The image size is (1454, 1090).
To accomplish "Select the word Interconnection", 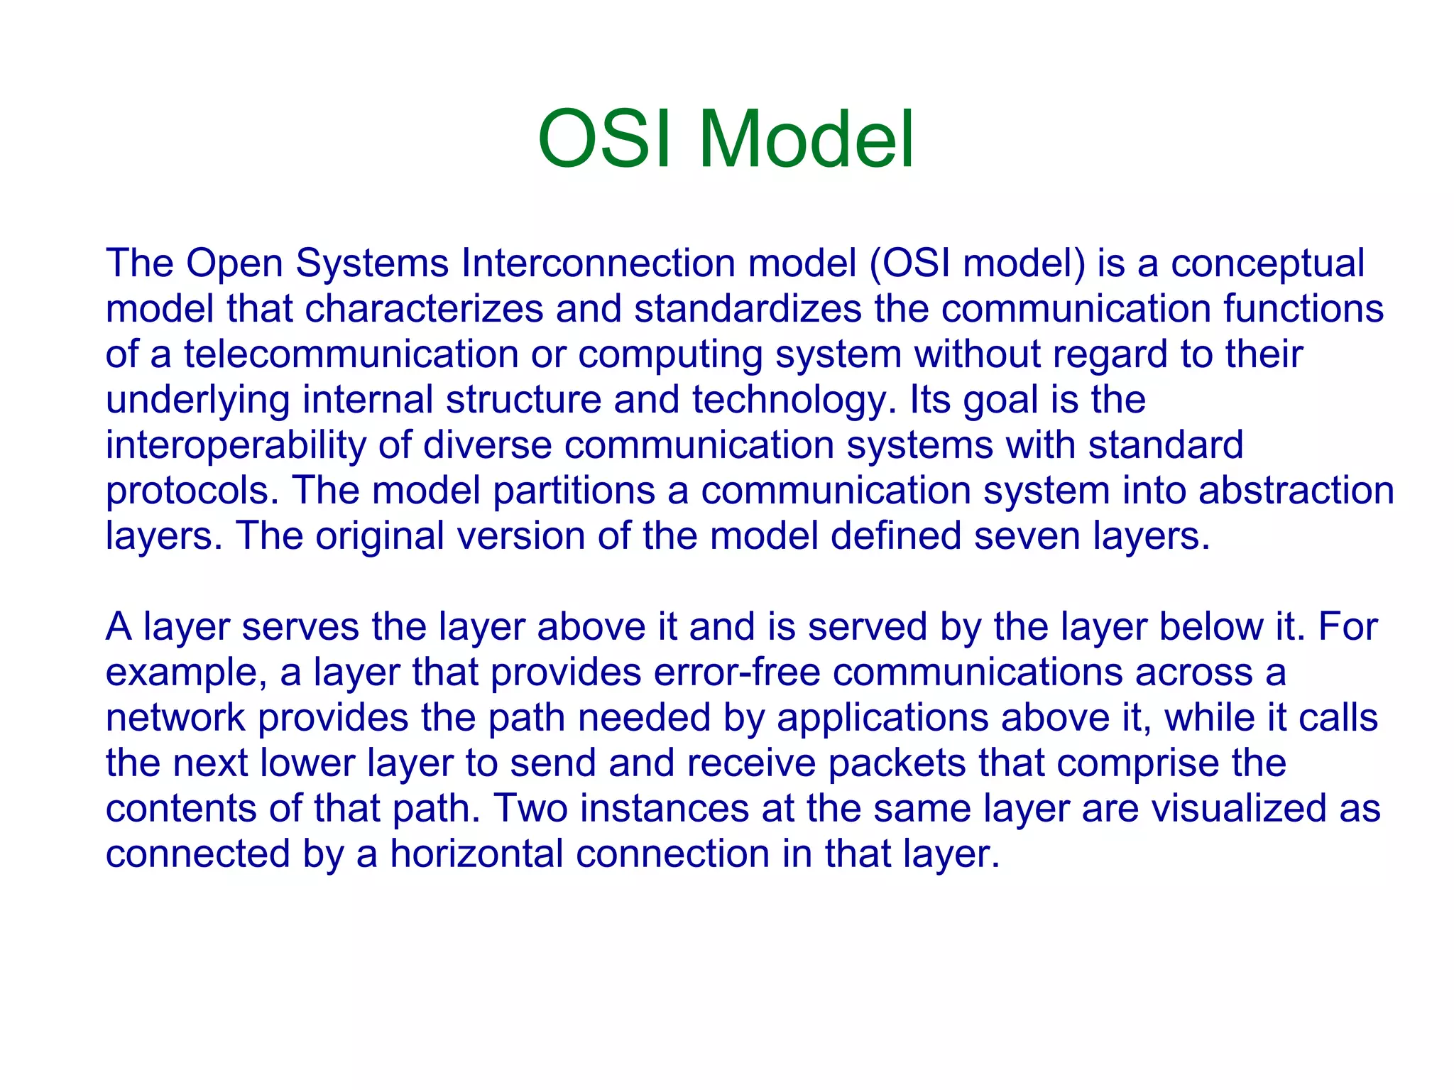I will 598,263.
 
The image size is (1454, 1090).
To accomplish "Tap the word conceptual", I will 1267,264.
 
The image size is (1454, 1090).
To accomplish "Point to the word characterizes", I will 424,309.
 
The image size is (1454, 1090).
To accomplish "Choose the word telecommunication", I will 351,354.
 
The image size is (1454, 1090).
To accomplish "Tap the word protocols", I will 192,491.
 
